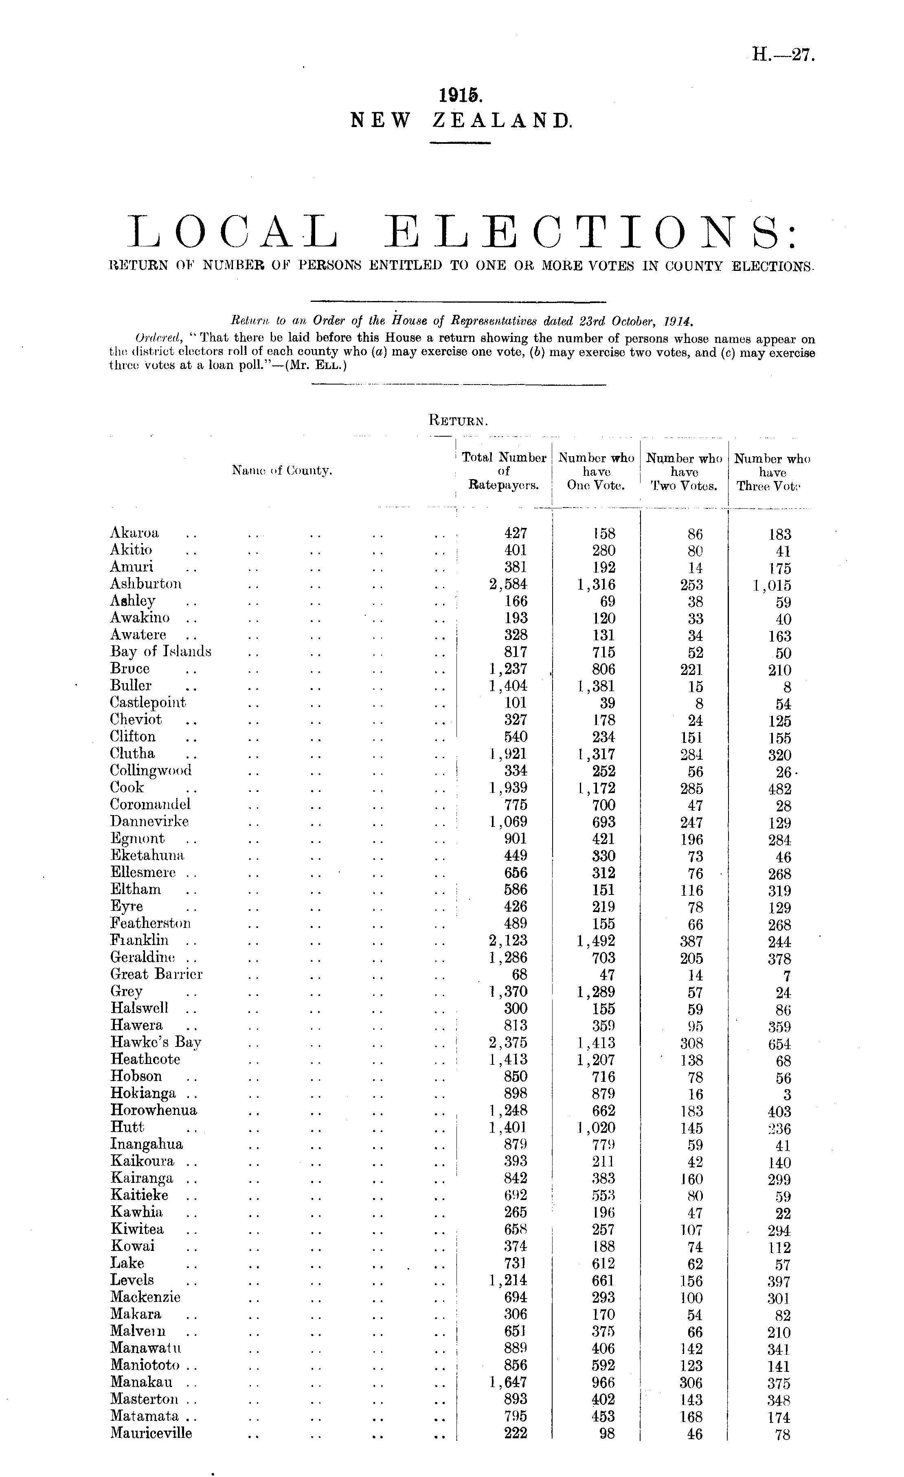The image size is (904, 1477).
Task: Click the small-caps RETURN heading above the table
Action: [458, 420]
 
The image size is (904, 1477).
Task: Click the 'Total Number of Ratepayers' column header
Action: [503, 471]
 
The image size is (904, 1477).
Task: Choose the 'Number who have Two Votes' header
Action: [684, 472]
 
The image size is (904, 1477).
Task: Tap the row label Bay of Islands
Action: [160, 652]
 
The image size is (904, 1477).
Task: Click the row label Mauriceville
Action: [151, 1433]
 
